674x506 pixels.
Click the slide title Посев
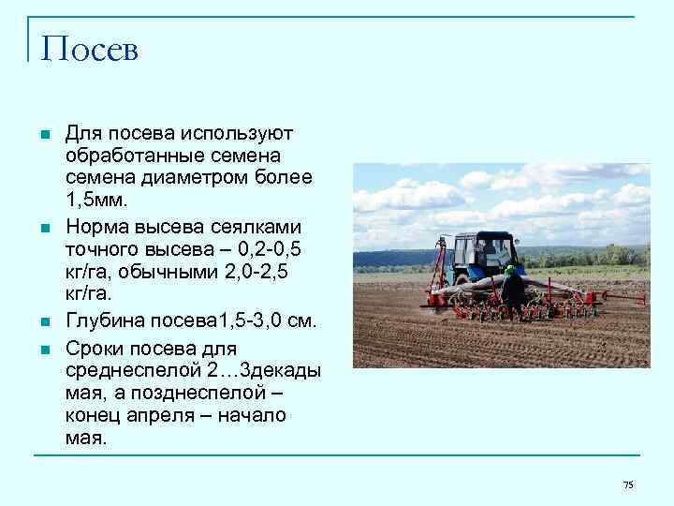point(90,50)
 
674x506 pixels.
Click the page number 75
point(628,484)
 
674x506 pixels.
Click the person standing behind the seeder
point(512,291)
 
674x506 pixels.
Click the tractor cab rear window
point(487,252)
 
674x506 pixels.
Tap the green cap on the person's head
point(510,269)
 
